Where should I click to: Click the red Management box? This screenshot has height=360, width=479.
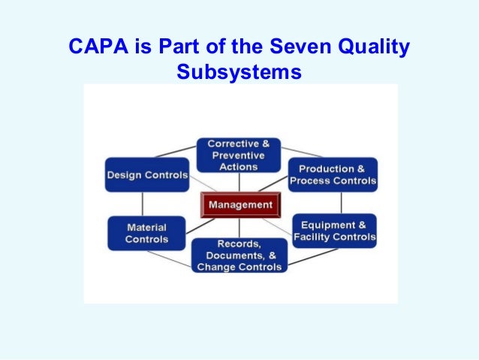tap(240, 204)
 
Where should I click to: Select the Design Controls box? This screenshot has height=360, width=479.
tap(146, 175)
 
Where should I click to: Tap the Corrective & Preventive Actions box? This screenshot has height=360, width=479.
tap(238, 155)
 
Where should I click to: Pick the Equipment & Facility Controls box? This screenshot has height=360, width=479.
tap(334, 231)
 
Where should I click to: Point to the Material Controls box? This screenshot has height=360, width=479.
tap(147, 233)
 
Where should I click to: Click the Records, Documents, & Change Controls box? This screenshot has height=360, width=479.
tap(239, 256)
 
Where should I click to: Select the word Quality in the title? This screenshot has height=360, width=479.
tap(371, 47)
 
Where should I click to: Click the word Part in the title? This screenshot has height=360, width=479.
tap(169, 47)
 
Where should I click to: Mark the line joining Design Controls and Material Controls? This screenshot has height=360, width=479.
tap(143, 204)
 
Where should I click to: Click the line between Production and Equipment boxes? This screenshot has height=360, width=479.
tap(342, 202)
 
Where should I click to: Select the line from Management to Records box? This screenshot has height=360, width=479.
tap(239, 227)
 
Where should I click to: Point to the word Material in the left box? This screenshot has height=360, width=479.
tap(146, 227)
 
